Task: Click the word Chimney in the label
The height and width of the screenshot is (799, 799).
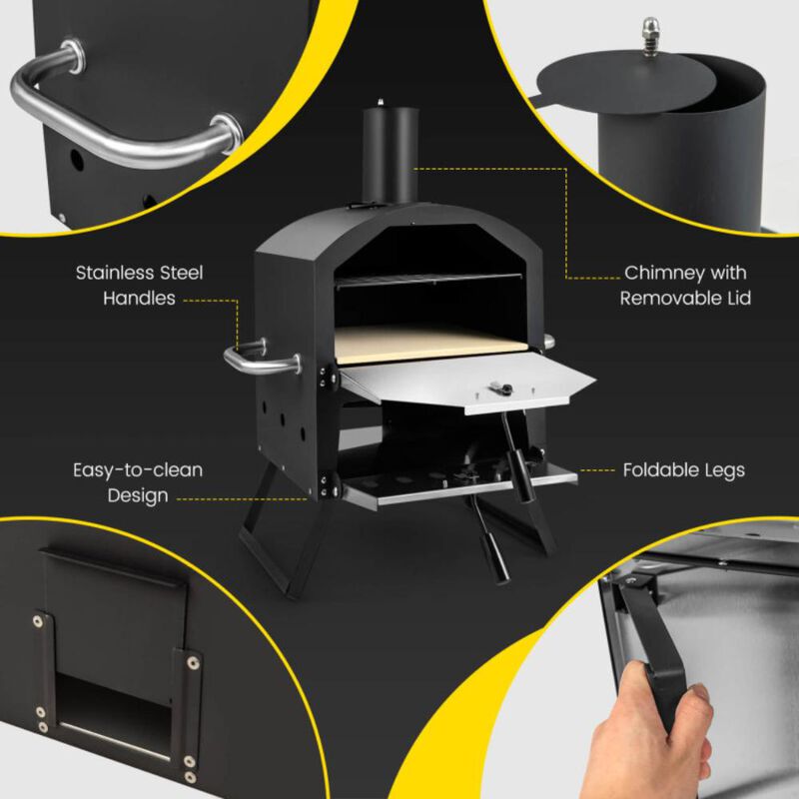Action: (x=653, y=273)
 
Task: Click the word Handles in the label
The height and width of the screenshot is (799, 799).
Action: (x=140, y=298)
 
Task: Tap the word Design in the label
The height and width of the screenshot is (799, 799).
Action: (x=138, y=494)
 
